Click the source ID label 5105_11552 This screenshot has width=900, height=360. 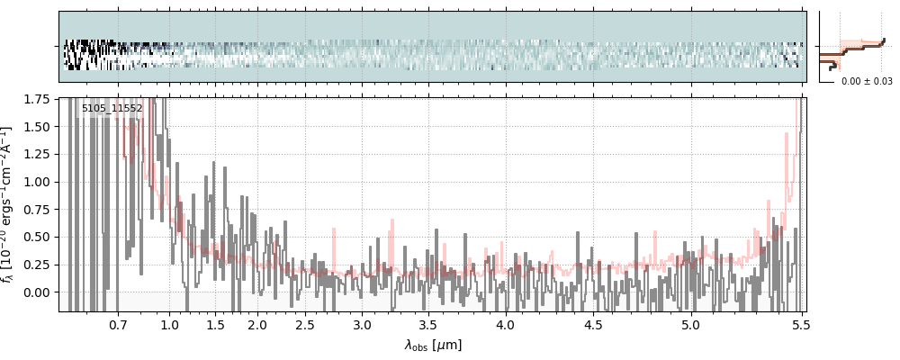[x=112, y=108]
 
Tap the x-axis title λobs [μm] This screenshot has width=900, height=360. [x=433, y=345]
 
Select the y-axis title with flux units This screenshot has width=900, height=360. [x=10, y=205]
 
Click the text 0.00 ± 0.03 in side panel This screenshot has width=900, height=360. [x=867, y=81]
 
